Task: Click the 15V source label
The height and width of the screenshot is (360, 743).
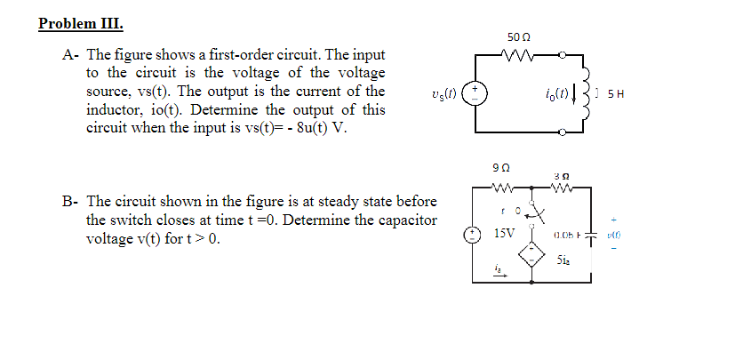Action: click(503, 233)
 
